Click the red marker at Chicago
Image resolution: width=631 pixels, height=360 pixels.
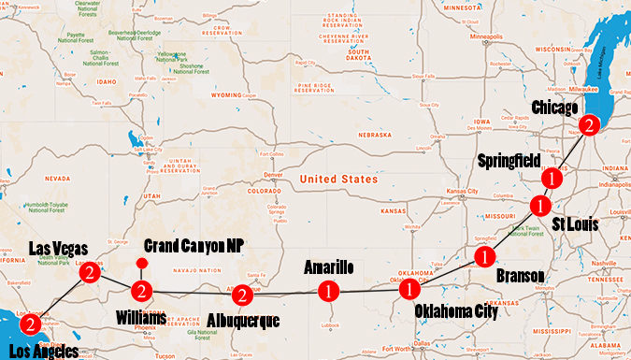point(588,124)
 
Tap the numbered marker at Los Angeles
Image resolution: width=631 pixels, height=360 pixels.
point(31,325)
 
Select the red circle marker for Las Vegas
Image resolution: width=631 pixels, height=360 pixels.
point(90,273)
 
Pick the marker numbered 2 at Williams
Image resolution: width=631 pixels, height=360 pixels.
point(140,290)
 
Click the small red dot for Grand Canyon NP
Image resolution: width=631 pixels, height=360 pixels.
point(139,263)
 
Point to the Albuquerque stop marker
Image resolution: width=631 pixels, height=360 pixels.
point(242,295)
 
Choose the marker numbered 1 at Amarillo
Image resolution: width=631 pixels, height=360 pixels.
point(329,291)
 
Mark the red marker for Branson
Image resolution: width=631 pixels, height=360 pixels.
point(484,255)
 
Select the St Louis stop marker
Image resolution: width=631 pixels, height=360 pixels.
point(539,205)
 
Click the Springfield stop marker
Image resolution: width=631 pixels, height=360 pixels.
point(552,176)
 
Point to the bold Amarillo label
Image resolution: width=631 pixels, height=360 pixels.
point(330,268)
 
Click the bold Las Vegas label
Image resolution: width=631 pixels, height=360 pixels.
point(58,249)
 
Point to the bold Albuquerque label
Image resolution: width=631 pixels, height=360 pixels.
point(245,321)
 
